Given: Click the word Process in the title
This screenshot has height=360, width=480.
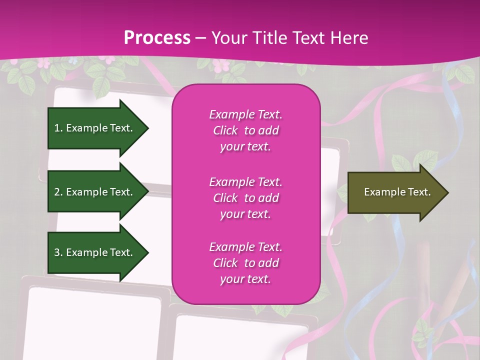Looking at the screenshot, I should (157, 38).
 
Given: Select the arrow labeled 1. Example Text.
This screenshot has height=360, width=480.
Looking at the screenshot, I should (95, 128).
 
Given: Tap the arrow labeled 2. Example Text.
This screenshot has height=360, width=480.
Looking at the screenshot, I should (95, 192).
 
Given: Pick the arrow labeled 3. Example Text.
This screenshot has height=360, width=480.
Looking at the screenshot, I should (95, 252).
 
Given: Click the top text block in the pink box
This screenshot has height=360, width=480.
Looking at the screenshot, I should (245, 130).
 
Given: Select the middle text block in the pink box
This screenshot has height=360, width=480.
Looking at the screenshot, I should (245, 198).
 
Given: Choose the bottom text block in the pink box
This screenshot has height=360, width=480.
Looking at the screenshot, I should (245, 263).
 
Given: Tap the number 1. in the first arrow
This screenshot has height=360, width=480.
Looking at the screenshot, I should (58, 128).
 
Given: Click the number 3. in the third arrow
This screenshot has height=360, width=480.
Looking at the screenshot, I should (58, 252).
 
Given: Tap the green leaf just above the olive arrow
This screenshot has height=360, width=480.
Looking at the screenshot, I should (400, 163).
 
